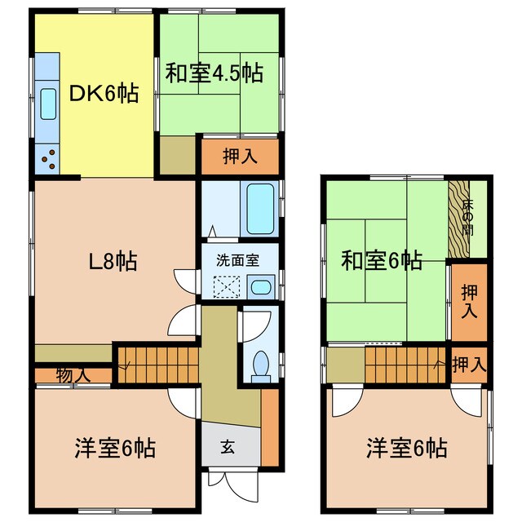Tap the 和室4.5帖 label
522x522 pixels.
pos(214,73)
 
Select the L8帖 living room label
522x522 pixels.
pos(113,262)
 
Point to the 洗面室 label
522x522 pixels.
pos(237,261)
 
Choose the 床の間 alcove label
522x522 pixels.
pos(467,217)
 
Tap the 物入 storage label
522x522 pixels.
pos(73,375)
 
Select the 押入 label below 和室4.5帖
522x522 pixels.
pos(239,157)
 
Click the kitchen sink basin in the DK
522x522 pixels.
pos(46,104)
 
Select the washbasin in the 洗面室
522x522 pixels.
pos(261,287)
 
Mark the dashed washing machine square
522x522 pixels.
pos(225,286)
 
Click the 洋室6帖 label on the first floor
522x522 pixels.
pos(115,448)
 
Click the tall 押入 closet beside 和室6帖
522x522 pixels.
pos(470,301)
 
